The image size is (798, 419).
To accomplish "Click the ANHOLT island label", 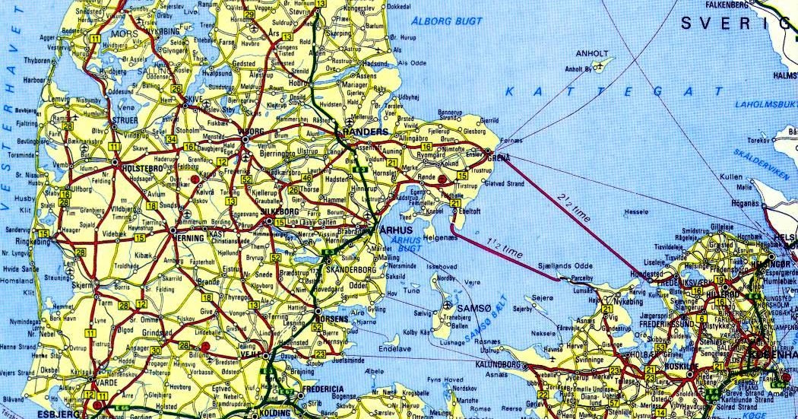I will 593,53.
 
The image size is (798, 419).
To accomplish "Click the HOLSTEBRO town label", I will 144,162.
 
